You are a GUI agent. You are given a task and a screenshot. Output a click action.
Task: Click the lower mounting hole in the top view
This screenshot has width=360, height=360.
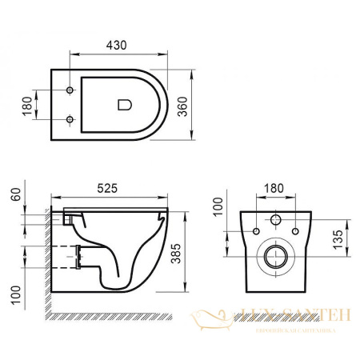tap(70, 121)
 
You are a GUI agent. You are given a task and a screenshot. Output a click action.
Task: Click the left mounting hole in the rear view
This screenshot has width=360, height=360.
tap(256, 233)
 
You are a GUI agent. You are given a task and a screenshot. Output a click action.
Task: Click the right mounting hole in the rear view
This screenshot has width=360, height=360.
tap(294, 233)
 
